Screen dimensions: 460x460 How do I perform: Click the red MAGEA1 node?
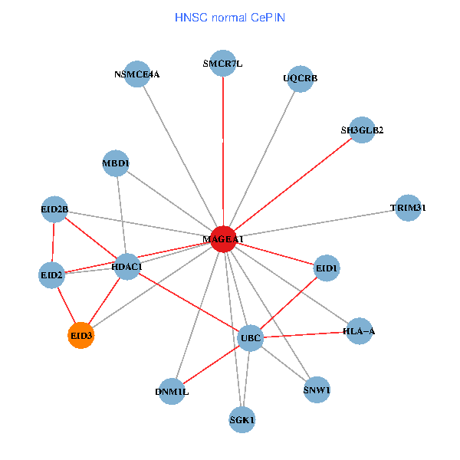[222, 239]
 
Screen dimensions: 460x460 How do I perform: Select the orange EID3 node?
[81, 335]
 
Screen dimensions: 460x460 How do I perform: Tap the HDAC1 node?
[127, 267]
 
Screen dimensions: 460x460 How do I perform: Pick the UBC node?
[251, 337]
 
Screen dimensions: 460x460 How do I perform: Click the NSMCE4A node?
[136, 74]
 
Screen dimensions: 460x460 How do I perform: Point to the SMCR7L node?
[223, 64]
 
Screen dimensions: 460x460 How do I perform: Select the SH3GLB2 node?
[361, 130]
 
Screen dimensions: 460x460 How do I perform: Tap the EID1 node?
[327, 268]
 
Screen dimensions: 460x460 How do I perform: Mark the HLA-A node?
[359, 331]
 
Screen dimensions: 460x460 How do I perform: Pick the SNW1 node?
[317, 389]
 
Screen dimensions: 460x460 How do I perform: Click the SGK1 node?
[242, 419]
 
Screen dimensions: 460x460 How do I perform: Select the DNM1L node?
[172, 391]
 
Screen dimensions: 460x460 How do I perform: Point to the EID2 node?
[51, 274]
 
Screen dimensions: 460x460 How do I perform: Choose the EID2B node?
[54, 209]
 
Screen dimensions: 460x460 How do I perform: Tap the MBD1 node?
[116, 163]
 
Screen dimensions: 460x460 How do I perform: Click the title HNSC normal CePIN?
[230, 17]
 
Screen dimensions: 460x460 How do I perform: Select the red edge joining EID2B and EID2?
[53, 242]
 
